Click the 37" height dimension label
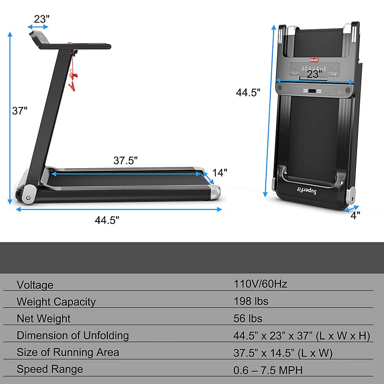click(20, 111)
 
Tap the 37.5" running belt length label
click(125, 161)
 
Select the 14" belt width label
click(220, 173)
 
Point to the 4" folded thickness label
click(355, 216)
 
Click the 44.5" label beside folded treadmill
click(248, 93)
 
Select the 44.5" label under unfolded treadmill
click(107, 220)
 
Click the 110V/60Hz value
click(260, 284)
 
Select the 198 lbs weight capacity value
click(251, 301)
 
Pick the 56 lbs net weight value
click(248, 318)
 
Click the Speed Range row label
click(50, 369)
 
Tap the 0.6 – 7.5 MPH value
click(268, 370)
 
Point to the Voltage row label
click(35, 285)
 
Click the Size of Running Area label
click(68, 352)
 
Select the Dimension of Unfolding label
click(73, 335)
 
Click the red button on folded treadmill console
click(314, 60)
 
